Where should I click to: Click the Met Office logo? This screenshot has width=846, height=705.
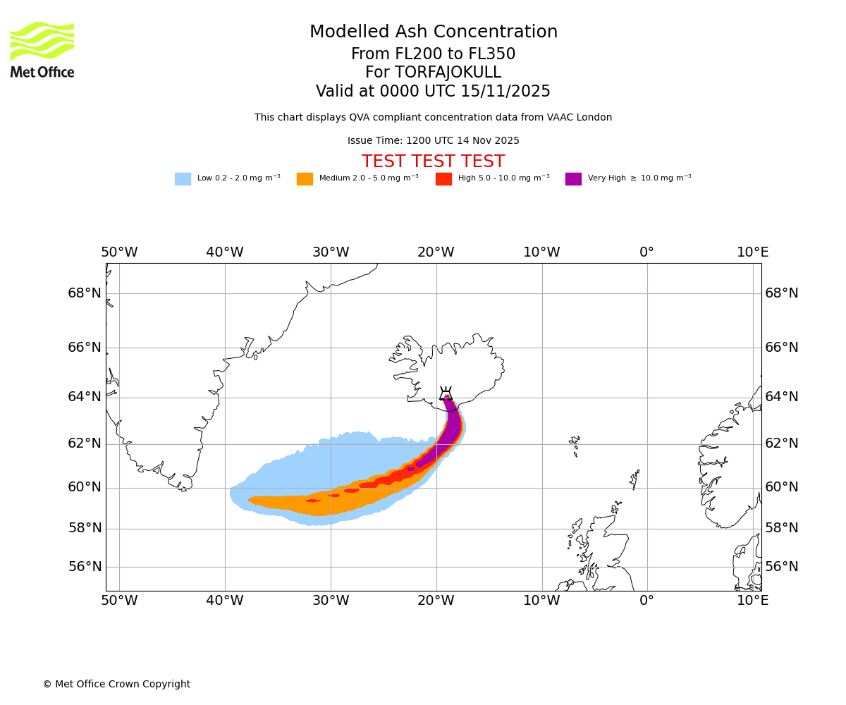(42, 49)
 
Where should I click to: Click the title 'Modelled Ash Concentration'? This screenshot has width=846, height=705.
(433, 32)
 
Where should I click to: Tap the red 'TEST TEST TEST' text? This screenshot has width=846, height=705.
(433, 162)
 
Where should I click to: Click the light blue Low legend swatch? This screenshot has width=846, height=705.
(183, 179)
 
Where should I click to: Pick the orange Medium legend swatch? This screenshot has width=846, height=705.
(305, 179)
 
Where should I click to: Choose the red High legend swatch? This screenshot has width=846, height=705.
(443, 179)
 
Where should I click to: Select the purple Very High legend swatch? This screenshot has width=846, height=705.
(573, 179)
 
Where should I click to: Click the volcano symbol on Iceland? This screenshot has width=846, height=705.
(446, 394)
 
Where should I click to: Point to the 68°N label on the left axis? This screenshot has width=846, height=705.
(85, 293)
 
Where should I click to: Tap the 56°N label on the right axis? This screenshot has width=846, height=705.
(782, 567)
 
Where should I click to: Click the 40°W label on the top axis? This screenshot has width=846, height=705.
(225, 252)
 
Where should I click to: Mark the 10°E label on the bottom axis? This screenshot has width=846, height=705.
(752, 601)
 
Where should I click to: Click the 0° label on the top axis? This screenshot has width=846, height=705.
(646, 252)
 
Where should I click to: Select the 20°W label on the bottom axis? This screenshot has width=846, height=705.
(436, 601)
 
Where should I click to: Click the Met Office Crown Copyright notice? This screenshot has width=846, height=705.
(116, 685)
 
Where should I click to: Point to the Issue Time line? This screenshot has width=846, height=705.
(433, 141)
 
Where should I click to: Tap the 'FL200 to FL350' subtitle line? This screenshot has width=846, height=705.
(433, 54)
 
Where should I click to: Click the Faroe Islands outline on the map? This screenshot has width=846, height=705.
(575, 444)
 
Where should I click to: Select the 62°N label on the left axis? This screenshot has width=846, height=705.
(85, 443)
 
